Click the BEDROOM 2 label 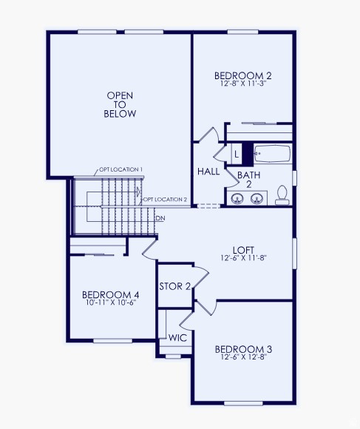tap(243, 75)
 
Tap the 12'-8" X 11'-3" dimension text tap(243, 84)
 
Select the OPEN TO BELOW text tap(121, 105)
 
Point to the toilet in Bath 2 tap(282, 195)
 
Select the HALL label tap(208, 172)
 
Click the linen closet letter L tap(237, 154)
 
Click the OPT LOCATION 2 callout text tap(165, 200)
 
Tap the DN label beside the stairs tap(160, 218)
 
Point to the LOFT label tap(243, 250)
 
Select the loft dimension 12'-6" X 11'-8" tap(243, 259)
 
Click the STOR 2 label tap(175, 286)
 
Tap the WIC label tap(177, 337)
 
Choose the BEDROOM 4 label tap(110, 295)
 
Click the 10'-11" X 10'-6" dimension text tap(110, 303)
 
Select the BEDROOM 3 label tap(243, 350)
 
